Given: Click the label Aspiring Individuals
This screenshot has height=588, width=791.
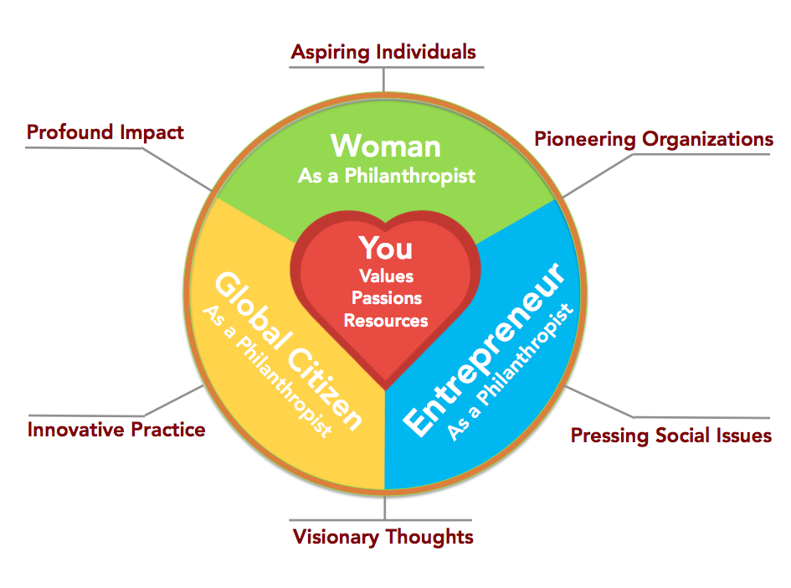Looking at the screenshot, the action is [383, 53].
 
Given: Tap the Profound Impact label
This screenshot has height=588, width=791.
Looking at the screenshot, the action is [105, 132].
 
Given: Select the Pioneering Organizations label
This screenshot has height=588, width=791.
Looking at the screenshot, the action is [654, 139].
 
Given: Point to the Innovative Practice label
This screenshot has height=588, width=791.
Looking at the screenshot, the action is [116, 430].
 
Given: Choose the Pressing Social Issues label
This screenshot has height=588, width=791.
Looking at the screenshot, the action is [671, 436].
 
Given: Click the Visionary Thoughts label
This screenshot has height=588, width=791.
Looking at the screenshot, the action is [383, 537].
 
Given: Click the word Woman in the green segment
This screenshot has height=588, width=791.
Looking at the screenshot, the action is [386, 147].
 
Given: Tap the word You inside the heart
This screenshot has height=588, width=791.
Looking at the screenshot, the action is [386, 248].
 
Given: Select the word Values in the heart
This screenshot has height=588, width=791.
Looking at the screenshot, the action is [387, 276].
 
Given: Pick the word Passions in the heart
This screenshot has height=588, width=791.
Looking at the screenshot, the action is [387, 298].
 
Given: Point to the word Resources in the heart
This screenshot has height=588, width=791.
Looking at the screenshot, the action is [386, 321].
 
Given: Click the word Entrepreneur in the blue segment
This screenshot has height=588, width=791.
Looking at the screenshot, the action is [484, 348].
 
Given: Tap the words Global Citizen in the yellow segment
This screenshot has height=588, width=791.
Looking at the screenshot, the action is [288, 351].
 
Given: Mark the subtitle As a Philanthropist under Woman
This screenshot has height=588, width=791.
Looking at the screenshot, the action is [387, 176].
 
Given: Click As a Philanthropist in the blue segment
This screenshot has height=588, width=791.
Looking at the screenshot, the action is [511, 372].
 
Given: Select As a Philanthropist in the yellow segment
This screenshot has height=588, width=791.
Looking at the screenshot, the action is [267, 371].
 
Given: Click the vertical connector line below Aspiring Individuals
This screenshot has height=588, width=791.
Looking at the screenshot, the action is [384, 80].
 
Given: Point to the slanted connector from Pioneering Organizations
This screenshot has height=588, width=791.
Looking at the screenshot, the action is [598, 176].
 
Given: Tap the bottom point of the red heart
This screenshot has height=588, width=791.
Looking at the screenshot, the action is [385, 389].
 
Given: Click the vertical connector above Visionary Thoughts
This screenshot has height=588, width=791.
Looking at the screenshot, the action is [384, 508].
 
